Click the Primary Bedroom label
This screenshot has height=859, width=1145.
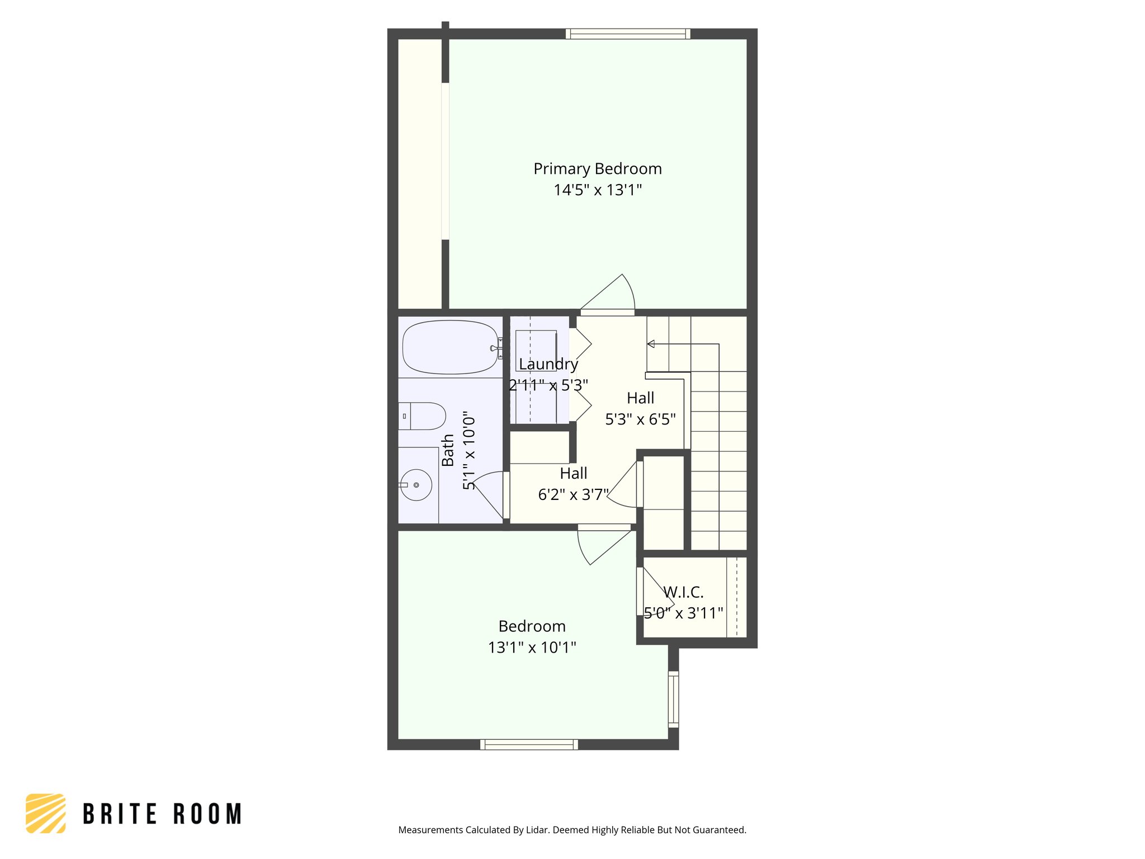(x=597, y=169)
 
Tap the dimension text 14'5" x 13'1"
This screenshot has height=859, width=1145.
(x=597, y=190)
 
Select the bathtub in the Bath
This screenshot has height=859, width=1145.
(x=450, y=347)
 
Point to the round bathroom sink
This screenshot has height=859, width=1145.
(x=417, y=485)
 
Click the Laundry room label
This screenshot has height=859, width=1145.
(x=548, y=364)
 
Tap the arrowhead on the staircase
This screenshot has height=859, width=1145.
(x=650, y=344)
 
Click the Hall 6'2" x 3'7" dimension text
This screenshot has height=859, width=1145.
(x=573, y=495)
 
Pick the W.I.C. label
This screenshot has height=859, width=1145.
(x=683, y=592)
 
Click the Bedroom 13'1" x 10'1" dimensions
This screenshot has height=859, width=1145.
(x=532, y=648)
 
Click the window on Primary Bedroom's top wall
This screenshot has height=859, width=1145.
(x=627, y=34)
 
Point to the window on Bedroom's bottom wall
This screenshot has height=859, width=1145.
(x=529, y=744)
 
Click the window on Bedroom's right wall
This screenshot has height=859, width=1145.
(x=674, y=700)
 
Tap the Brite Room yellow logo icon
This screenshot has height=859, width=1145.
(x=46, y=813)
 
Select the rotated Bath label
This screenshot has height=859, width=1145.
(x=448, y=451)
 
